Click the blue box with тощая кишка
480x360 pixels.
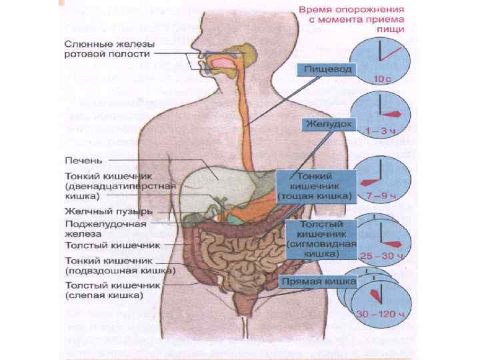pos(314,186)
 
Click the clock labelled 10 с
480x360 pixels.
pos(381,59)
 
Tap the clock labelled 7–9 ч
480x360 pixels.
pos(381,179)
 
